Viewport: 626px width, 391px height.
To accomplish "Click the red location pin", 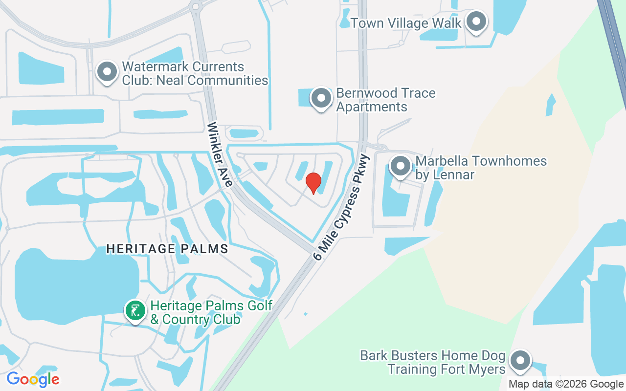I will tap(313, 183).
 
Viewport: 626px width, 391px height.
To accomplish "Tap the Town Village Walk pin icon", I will tap(475, 22).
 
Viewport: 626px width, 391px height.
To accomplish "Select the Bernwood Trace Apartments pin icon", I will tap(321, 98).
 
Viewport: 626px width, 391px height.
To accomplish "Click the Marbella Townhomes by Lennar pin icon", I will tap(401, 166).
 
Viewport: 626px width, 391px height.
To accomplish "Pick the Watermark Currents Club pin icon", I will tap(107, 72).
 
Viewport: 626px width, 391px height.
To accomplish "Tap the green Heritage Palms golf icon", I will tap(135, 310).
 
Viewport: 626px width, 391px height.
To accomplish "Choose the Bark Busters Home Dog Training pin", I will tap(519, 361).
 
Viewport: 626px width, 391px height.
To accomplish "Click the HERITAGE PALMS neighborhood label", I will tap(167, 249).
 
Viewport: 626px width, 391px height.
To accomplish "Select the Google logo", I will tap(33, 379).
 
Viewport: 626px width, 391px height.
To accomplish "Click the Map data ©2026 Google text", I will tap(566, 384).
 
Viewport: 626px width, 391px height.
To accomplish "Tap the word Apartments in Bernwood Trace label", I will tap(372, 107).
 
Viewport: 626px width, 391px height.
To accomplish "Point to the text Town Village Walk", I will tap(406, 23).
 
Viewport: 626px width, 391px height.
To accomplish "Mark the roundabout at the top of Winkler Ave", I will tap(196, 6).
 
